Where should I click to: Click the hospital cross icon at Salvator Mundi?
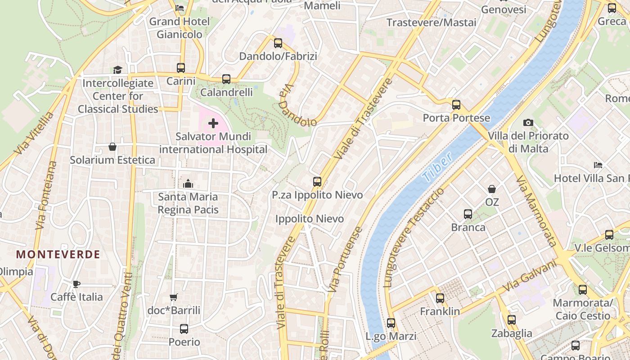pos(213,123)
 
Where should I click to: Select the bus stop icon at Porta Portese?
pos(456,105)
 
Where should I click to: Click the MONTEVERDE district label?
pos(58,254)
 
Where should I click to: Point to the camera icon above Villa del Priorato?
pos(528,122)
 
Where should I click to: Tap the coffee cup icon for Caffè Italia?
pos(76,284)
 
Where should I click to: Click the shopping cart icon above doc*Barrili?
pos(174,297)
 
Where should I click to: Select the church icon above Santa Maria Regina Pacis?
pos(188,184)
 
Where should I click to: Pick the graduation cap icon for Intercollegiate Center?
pos(117,70)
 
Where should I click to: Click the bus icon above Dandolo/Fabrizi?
pos(278,43)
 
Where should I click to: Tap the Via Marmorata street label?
pos(537,211)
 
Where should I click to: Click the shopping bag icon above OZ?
pos(492,189)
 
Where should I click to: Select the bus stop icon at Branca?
pos(468,214)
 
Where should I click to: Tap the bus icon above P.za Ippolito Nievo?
pos(317,182)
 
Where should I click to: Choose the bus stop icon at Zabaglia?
pos(512,320)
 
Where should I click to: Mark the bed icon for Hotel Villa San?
pos(598,165)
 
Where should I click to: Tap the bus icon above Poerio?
pos(184,329)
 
